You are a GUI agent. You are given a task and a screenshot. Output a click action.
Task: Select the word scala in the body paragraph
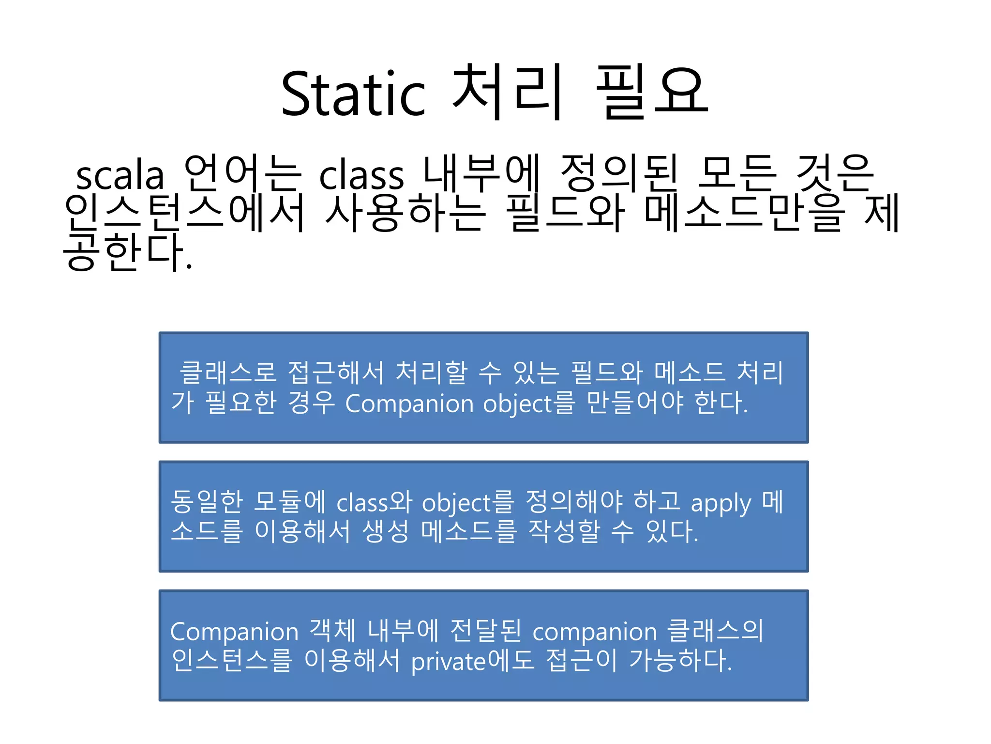click(x=120, y=175)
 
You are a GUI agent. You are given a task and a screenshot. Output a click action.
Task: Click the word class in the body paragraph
click(x=361, y=175)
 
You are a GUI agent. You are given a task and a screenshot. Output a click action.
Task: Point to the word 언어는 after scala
click(x=242, y=173)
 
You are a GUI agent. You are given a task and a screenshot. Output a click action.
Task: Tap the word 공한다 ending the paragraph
click(x=127, y=252)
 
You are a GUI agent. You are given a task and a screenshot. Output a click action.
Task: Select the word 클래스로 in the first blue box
click(x=227, y=373)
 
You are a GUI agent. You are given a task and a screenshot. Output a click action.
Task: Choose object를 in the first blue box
click(x=529, y=403)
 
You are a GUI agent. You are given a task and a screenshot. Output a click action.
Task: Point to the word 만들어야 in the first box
click(x=635, y=403)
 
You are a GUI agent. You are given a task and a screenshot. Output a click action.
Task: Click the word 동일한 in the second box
click(x=207, y=502)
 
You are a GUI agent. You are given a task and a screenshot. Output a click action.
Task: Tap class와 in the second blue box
click(x=374, y=502)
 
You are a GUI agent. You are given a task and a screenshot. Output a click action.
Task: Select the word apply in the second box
click(x=721, y=504)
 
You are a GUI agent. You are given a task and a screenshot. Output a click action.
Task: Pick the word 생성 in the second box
click(x=385, y=531)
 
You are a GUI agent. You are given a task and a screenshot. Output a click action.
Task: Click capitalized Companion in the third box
click(x=234, y=632)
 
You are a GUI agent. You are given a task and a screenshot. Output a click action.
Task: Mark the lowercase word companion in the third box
click(x=595, y=632)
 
